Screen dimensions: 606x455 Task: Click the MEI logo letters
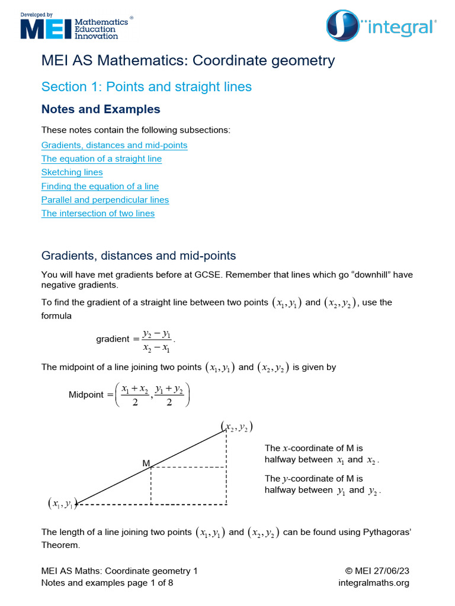tap(45, 28)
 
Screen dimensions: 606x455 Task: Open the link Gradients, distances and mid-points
tap(114, 145)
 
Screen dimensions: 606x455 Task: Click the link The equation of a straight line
tap(101, 159)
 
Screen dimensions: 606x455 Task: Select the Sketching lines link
tap(72, 172)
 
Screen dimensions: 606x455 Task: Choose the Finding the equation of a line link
tap(100, 186)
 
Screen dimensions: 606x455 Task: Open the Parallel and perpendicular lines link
tap(105, 200)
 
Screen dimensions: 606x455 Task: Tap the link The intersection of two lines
tap(98, 214)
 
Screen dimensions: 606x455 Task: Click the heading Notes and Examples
tap(101, 109)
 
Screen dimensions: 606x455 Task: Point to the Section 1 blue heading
tap(146, 87)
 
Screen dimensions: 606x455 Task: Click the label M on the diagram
tap(146, 464)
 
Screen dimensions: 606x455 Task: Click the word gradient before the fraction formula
tap(112, 339)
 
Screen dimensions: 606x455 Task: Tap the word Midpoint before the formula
tap(86, 395)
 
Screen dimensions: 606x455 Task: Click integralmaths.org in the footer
tap(373, 583)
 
